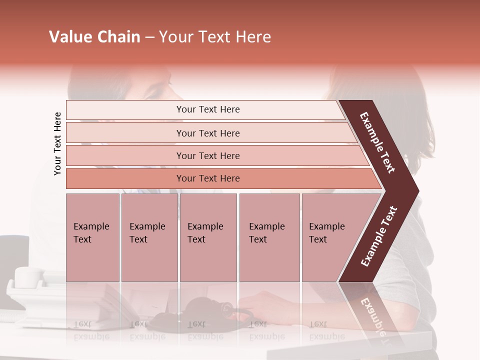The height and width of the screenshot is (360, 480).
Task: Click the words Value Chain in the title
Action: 94,37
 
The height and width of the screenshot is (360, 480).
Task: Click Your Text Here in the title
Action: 215,37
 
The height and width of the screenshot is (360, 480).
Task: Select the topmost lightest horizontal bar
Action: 207,109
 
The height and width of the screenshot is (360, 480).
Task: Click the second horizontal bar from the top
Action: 207,133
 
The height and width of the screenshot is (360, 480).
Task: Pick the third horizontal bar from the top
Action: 207,155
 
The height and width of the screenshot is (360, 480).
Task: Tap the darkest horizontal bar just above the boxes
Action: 207,178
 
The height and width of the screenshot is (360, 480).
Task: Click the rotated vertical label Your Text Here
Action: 57,143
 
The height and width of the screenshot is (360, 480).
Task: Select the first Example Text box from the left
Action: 92,237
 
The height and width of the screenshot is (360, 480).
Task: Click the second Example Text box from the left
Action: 149,237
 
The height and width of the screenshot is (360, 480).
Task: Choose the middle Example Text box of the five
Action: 208,237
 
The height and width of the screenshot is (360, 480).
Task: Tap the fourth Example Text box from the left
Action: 269,237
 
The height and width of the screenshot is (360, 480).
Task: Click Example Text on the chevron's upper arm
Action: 377,142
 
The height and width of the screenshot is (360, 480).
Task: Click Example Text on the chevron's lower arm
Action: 379,236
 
